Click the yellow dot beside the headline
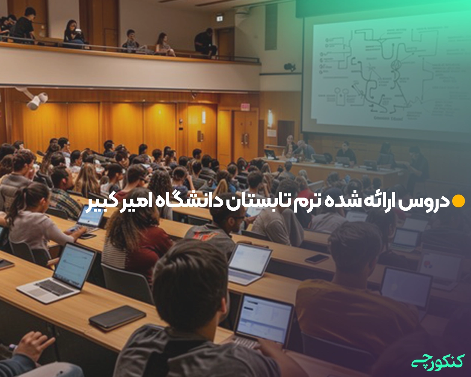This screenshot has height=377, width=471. [x=459, y=201]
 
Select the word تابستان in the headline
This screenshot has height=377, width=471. [x=251, y=201]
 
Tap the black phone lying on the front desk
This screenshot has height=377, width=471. [x=117, y=316]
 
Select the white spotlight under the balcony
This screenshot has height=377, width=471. [x=37, y=101]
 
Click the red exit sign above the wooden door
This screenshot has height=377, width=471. [x=245, y=107]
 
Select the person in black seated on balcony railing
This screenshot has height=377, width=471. [x=205, y=43]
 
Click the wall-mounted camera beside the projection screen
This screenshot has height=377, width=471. [x=289, y=67]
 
